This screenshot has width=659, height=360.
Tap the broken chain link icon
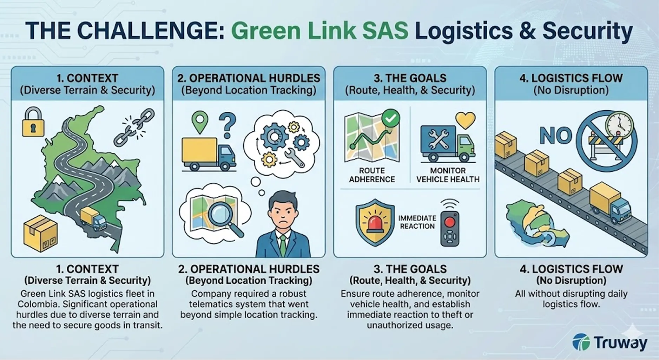tap(134, 127)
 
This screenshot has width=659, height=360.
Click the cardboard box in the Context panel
tap(40, 233)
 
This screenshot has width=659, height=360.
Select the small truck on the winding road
tap(93, 218)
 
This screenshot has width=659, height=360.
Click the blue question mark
tap(227, 125)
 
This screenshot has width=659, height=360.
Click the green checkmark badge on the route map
tap(390, 118)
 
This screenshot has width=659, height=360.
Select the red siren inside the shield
tap(375, 222)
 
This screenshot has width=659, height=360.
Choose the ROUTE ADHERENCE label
tap(372, 175)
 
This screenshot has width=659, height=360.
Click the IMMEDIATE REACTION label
tap(417, 222)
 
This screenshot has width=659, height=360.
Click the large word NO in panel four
tap(556, 136)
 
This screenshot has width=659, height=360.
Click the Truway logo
tap(609, 342)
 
